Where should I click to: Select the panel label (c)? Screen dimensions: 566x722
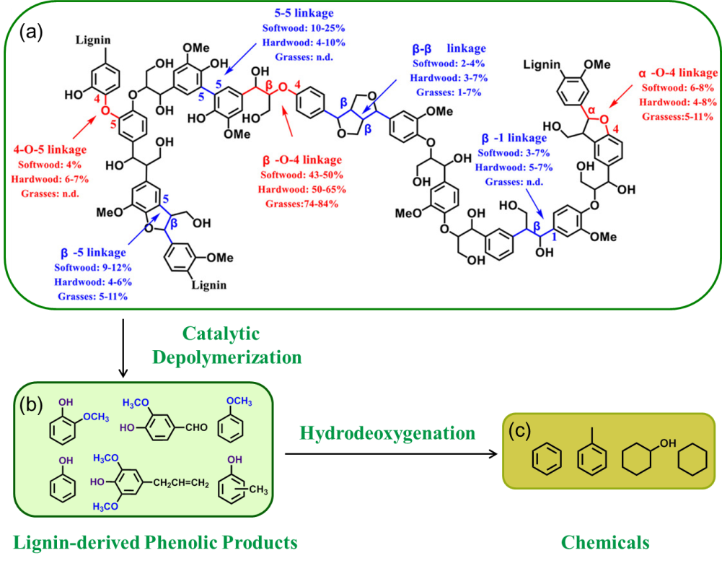click(x=520, y=432)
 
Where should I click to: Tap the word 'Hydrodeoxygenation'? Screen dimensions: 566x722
click(x=387, y=433)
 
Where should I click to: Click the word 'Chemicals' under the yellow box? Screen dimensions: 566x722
click(x=605, y=542)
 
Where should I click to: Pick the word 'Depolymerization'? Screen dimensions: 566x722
click(x=220, y=357)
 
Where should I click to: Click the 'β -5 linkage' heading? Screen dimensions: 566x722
click(x=93, y=253)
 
